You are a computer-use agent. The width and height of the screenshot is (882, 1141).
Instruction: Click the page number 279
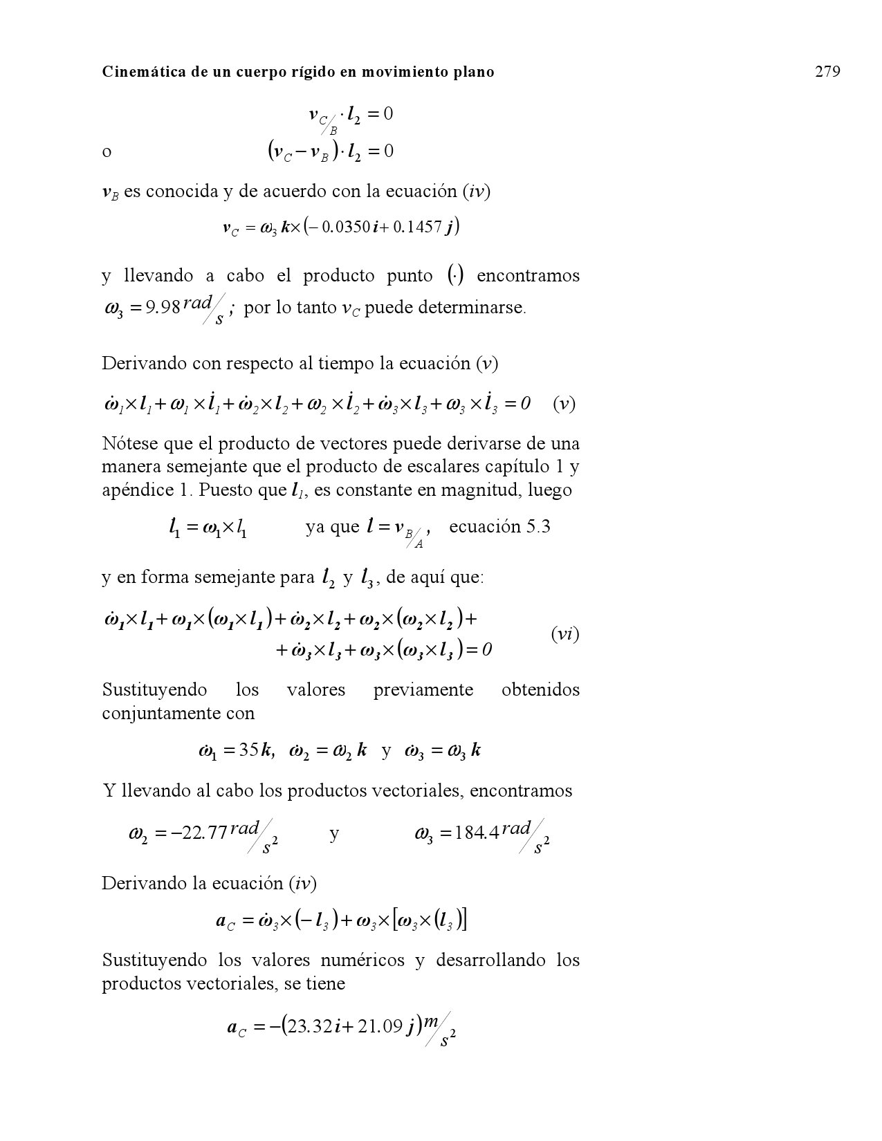click(x=827, y=71)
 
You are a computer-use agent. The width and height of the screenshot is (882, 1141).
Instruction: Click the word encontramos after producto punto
click(x=528, y=276)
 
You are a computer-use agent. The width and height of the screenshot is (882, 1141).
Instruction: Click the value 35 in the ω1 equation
click(x=248, y=750)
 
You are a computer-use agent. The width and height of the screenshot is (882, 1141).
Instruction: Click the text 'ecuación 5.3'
click(x=499, y=527)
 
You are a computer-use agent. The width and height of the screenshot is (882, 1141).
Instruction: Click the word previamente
click(x=423, y=689)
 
